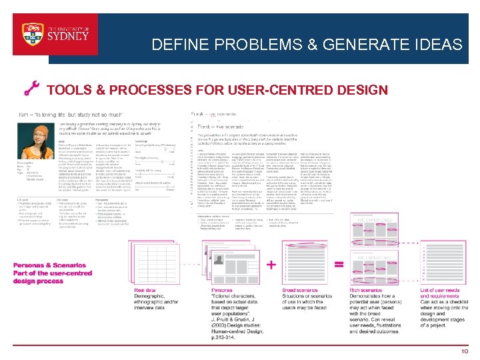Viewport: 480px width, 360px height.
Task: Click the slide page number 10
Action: tap(463, 351)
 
